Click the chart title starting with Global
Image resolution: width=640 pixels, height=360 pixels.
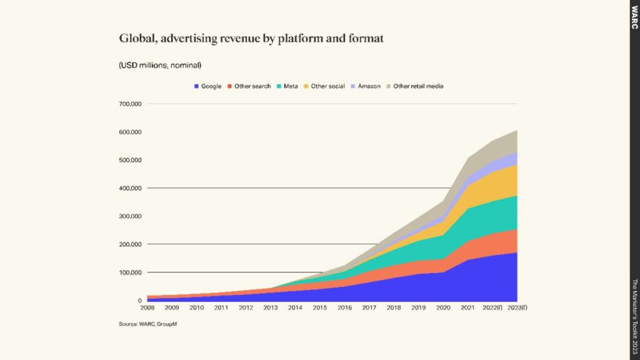pyautogui.click(x=251, y=39)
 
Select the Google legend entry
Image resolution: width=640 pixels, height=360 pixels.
pyautogui.click(x=207, y=86)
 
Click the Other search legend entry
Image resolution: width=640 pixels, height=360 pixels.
pyautogui.click(x=249, y=86)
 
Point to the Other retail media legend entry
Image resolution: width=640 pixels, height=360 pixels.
pyautogui.click(x=416, y=86)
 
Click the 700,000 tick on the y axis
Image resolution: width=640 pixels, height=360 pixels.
pyautogui.click(x=130, y=104)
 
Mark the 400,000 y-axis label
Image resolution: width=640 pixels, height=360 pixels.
pyautogui.click(x=130, y=188)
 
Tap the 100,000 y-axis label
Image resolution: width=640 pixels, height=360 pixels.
pyautogui.click(x=130, y=272)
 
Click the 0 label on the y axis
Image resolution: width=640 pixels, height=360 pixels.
pyautogui.click(x=140, y=301)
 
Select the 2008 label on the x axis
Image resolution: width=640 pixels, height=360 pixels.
pyautogui.click(x=147, y=308)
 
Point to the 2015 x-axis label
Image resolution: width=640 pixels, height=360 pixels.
pyautogui.click(x=319, y=308)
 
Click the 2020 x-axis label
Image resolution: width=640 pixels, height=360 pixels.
pyautogui.click(x=442, y=308)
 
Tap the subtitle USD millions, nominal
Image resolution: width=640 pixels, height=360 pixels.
pyautogui.click(x=159, y=65)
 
